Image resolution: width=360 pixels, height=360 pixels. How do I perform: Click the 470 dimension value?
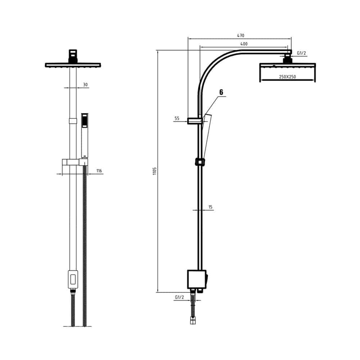(x=240, y=36)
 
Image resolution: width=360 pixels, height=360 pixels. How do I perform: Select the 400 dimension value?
(x=244, y=44)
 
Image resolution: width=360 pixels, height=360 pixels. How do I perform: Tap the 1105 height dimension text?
(x=154, y=171)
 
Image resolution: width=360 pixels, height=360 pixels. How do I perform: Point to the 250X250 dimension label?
(x=287, y=77)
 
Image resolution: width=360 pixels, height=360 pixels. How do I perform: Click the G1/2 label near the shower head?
(x=301, y=53)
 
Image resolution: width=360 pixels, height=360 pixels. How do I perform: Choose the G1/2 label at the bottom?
(x=180, y=297)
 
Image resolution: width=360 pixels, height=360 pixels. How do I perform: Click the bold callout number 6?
(x=221, y=92)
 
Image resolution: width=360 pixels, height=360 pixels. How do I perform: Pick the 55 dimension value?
(x=177, y=118)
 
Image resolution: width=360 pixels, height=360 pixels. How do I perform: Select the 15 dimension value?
(x=210, y=207)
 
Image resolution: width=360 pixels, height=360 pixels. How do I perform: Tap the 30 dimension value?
(x=85, y=85)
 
